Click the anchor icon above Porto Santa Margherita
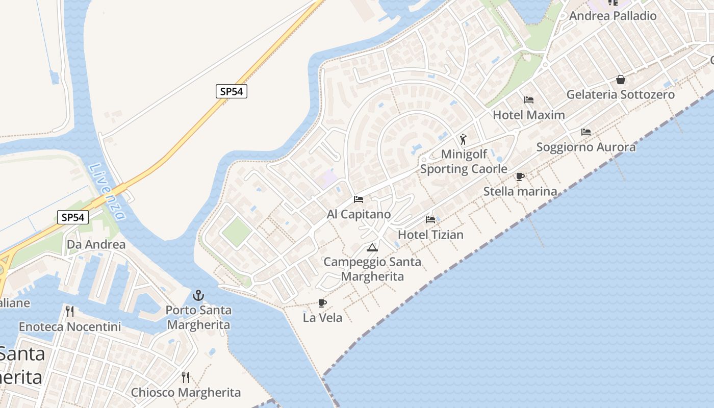[198, 295]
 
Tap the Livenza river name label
[107, 191]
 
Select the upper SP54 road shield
[231, 91]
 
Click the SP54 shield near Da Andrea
[72, 217]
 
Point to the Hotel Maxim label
[528, 115]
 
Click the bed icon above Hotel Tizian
[430, 220]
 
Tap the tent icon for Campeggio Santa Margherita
[372, 248]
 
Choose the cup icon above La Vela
[322, 303]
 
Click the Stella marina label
[520, 191]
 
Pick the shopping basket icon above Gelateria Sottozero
[621, 80]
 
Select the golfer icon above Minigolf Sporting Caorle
[463, 139]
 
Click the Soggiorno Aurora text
[586, 147]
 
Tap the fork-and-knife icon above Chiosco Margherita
[186, 377]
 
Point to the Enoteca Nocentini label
[70, 326]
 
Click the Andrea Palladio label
[613, 16]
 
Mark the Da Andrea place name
[96, 244]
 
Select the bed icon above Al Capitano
[359, 199]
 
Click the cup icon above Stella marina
[520, 176]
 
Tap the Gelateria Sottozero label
[620, 94]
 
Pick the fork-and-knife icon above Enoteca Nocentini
[70, 311]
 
